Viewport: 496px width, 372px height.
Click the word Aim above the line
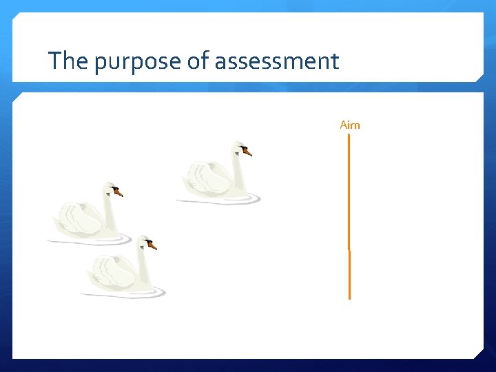[x=350, y=125]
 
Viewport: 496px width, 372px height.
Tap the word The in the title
[x=69, y=61]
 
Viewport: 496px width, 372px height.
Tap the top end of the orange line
[x=349, y=135]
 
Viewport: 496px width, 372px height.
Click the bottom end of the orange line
[x=349, y=298]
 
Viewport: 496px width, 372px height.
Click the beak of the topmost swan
[x=247, y=152]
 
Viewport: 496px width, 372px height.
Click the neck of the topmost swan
[x=238, y=172]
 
